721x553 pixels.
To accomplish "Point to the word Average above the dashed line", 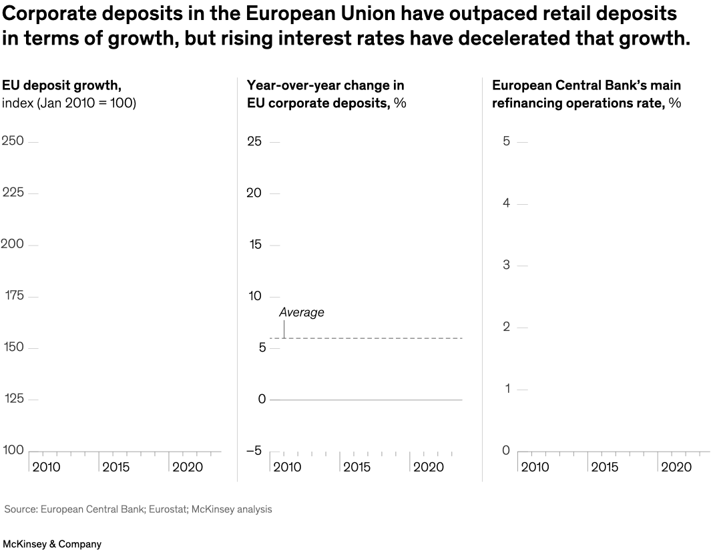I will pyautogui.click(x=301, y=312).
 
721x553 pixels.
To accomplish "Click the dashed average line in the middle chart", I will pyautogui.click(x=374, y=338).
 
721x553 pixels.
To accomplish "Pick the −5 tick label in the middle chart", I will pyautogui.click(x=254, y=451).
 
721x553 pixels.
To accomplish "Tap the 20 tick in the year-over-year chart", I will pyautogui.click(x=254, y=193).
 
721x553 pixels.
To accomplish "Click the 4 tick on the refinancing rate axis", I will pyautogui.click(x=506, y=203).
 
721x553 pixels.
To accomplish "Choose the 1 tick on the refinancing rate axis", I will pyautogui.click(x=506, y=389).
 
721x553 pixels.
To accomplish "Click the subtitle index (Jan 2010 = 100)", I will pyautogui.click(x=69, y=103).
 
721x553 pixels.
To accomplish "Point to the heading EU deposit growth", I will pyautogui.click(x=61, y=85).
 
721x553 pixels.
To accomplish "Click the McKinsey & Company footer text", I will pyautogui.click(x=52, y=544).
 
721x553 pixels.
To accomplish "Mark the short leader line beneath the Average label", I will pyautogui.click(x=284, y=329).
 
